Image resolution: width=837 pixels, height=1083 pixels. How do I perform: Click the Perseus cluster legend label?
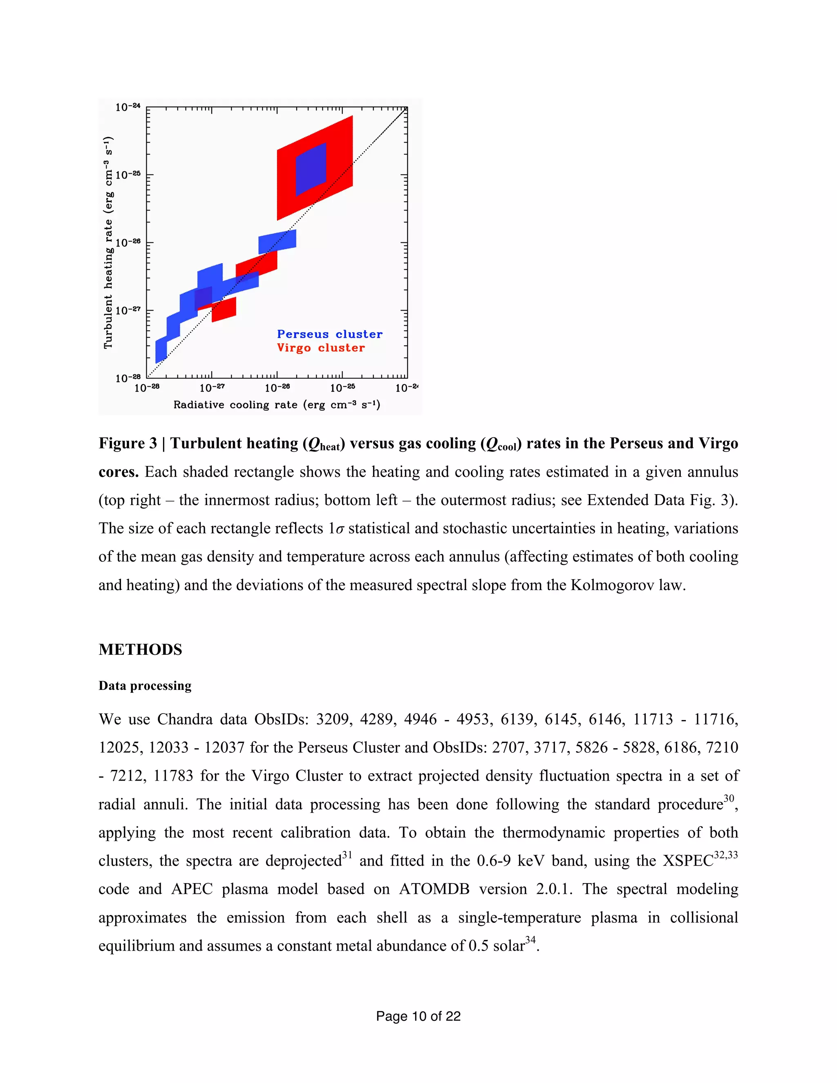(329, 334)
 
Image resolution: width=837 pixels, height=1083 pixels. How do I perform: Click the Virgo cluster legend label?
(320, 348)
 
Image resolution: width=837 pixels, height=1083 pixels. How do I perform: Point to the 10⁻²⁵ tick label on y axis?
(128, 175)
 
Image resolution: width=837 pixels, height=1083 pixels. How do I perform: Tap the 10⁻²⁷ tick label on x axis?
(212, 388)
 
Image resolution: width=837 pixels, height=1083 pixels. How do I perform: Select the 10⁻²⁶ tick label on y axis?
(128, 242)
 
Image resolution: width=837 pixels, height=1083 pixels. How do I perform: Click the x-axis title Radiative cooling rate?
(277, 405)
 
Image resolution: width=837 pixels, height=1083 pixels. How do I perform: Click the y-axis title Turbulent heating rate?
(108, 242)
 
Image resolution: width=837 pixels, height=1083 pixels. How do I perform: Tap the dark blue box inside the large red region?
(311, 170)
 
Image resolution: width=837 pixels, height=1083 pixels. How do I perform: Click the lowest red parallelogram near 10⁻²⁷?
(224, 310)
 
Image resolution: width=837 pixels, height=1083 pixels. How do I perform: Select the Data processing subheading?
(145, 686)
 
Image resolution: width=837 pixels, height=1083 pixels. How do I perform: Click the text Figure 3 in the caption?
(128, 443)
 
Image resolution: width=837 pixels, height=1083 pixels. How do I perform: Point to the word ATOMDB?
(434, 889)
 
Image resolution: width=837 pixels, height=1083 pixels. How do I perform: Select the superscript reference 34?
(530, 940)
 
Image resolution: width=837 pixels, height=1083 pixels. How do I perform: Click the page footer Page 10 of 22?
(418, 1016)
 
